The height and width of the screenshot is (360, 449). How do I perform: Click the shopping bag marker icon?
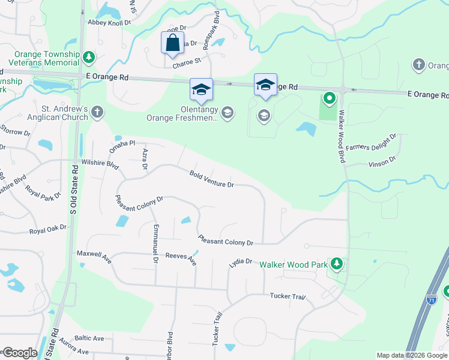click(172, 43)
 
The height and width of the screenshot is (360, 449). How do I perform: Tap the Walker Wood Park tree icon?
click(337, 264)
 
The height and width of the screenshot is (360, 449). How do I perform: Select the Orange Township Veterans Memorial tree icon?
click(89, 58)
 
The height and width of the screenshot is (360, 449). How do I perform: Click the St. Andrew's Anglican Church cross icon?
click(97, 112)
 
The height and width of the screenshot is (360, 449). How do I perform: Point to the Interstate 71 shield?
click(431, 299)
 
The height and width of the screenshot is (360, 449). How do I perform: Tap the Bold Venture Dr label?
click(211, 179)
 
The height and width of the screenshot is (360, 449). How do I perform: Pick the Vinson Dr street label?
click(382, 161)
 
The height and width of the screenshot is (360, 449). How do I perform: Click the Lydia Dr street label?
click(240, 263)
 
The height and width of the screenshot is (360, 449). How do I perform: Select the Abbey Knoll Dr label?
click(109, 22)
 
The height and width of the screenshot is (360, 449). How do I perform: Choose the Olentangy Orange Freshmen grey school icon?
click(227, 113)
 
